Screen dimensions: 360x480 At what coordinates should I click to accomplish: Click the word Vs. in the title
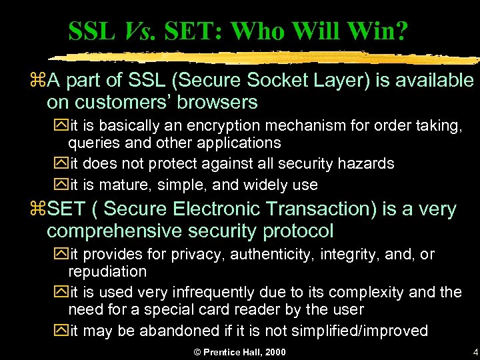coord(136,31)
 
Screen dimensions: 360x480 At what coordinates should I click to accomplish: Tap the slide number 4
coord(475,351)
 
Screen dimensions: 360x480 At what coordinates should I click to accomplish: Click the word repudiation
coord(107,271)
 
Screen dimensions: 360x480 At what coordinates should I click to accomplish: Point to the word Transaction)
coord(321,209)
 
